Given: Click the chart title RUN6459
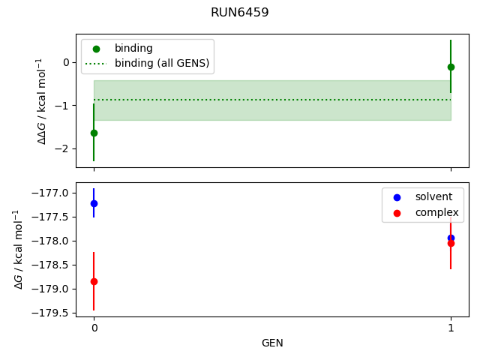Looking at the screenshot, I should pyautogui.click(x=239, y=13).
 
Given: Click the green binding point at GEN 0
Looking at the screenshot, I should pyautogui.click(x=94, y=133).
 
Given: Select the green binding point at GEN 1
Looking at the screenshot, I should pyautogui.click(x=451, y=67).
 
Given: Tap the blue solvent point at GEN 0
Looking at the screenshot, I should pyautogui.click(x=94, y=203).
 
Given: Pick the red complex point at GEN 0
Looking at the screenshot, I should pyautogui.click(x=94, y=281).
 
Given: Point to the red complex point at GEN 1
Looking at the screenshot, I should pyautogui.click(x=451, y=243).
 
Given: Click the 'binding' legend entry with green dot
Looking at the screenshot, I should pyautogui.click(x=133, y=49).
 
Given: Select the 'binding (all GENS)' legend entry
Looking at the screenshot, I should pyautogui.click(x=161, y=63).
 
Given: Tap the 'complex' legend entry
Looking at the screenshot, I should pyautogui.click(x=436, y=212).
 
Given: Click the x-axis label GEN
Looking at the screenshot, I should pyautogui.click(x=272, y=343).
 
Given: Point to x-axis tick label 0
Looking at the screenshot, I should pyautogui.click(x=94, y=328).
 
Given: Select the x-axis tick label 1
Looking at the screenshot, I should pyautogui.click(x=451, y=328).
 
